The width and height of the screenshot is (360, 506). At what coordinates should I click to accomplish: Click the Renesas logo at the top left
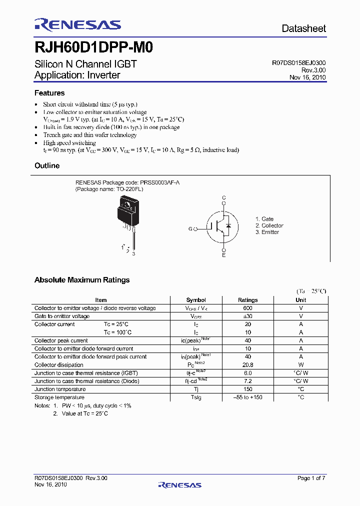point(77,24)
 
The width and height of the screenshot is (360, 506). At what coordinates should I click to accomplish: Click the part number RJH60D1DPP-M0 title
point(93,47)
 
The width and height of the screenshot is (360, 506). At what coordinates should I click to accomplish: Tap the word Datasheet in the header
point(303,28)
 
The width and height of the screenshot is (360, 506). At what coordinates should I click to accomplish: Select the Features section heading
point(49,93)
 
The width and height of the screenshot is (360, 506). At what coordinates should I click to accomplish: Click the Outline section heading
point(47,165)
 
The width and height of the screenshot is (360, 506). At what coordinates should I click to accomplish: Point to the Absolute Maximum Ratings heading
point(82,280)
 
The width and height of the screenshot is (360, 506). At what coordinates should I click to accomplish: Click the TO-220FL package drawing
point(127,215)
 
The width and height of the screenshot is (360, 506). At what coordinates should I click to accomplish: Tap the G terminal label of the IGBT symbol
point(190,229)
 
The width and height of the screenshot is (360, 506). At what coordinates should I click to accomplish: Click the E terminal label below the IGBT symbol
point(224,255)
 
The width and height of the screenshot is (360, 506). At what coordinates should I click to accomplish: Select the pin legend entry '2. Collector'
point(269,225)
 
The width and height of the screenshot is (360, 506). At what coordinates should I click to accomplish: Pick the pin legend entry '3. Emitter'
point(267,232)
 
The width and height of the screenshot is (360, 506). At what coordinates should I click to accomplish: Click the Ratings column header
point(247,300)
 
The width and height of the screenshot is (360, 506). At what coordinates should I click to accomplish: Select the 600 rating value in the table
point(247,308)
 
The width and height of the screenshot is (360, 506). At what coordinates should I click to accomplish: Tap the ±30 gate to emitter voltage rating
point(247,316)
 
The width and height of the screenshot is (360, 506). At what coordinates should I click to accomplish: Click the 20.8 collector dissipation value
point(247,365)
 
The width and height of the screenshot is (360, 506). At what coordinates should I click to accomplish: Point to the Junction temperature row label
point(60,389)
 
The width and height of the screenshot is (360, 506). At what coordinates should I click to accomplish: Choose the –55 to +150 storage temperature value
point(247,397)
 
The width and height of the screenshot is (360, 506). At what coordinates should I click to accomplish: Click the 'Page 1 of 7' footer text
point(311,478)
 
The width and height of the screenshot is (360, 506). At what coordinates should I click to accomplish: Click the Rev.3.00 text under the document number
point(314,70)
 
